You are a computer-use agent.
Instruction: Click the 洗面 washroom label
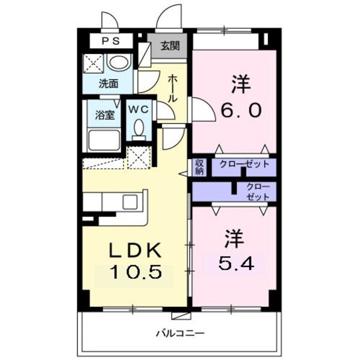pyautogui.click(x=108, y=84)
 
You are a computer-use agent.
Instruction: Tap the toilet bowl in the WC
pyautogui.click(x=139, y=128)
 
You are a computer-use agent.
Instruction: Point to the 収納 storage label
pyautogui.click(x=199, y=167)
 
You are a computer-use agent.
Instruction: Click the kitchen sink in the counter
pyautogui.click(x=131, y=202)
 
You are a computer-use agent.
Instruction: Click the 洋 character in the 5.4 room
pyautogui.click(x=232, y=238)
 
